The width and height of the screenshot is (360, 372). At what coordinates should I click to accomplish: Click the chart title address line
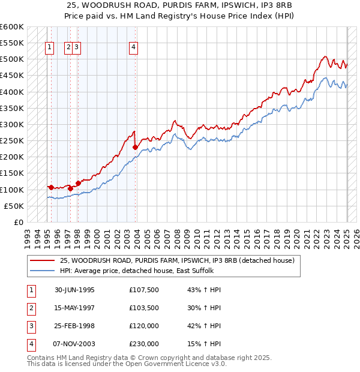(x=180, y=5)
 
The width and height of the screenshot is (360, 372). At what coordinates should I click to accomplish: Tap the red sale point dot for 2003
(x=136, y=147)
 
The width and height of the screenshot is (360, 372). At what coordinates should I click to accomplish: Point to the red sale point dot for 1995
(x=51, y=187)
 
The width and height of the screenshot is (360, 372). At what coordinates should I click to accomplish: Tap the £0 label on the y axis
(x=18, y=223)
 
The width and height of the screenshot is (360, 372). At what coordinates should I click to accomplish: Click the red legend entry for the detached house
(x=176, y=260)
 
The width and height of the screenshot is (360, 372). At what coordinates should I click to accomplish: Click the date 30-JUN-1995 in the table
(x=74, y=290)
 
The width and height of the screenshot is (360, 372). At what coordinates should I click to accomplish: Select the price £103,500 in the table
(x=144, y=308)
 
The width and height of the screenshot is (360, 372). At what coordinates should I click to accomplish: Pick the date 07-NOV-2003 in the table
(x=74, y=344)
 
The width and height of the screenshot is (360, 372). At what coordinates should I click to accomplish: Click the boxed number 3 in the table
(x=31, y=326)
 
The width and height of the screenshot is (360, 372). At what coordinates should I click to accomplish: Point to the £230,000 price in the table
(x=144, y=344)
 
